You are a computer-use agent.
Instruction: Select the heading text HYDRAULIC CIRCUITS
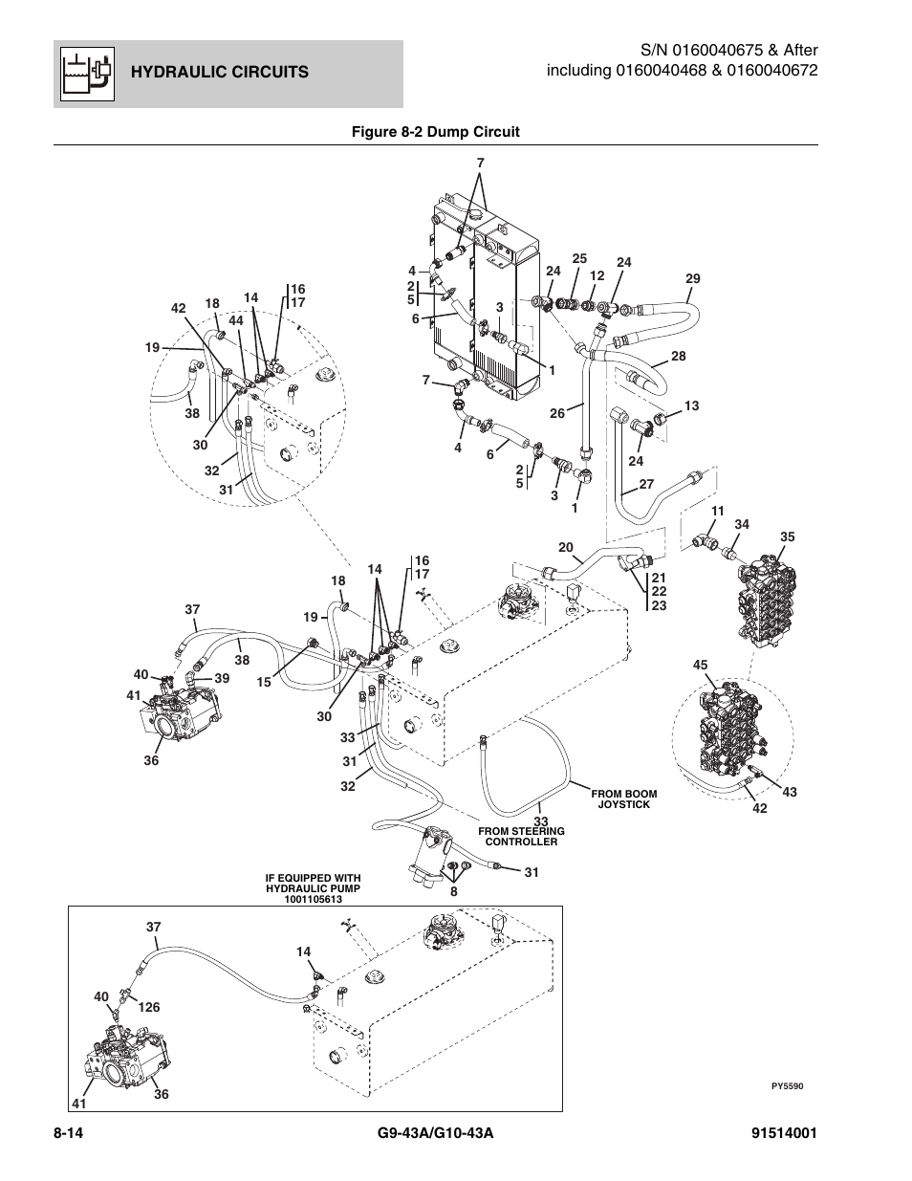tap(220, 72)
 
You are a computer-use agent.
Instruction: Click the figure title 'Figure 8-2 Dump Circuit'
tap(436, 132)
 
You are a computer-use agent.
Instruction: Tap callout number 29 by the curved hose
tap(692, 279)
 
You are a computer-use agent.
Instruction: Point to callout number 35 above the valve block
tap(787, 537)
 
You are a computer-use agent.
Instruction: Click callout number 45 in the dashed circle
tap(700, 666)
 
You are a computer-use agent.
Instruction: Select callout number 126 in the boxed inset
tap(149, 1007)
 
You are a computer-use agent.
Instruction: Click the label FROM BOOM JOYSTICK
tap(624, 798)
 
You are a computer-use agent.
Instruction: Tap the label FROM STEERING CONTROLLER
tap(521, 837)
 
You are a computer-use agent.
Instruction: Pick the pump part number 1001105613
tap(313, 899)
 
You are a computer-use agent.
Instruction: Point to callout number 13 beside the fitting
tap(691, 406)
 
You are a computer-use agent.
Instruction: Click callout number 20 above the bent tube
tap(565, 547)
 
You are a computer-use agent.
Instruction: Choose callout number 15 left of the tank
tap(264, 682)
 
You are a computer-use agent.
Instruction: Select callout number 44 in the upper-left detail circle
tap(236, 321)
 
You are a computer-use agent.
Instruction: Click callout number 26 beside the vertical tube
tap(557, 413)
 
